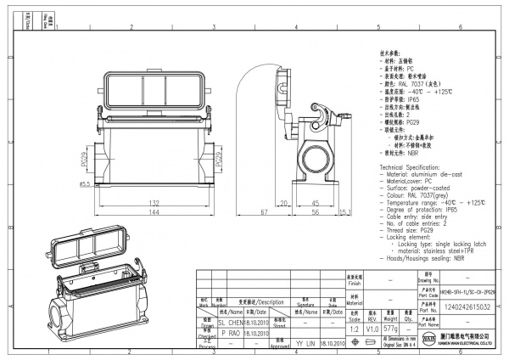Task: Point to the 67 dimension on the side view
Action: pos(264,211)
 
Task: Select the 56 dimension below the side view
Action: pos(314,212)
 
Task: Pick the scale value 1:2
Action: pos(352,328)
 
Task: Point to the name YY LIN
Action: pos(304,344)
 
